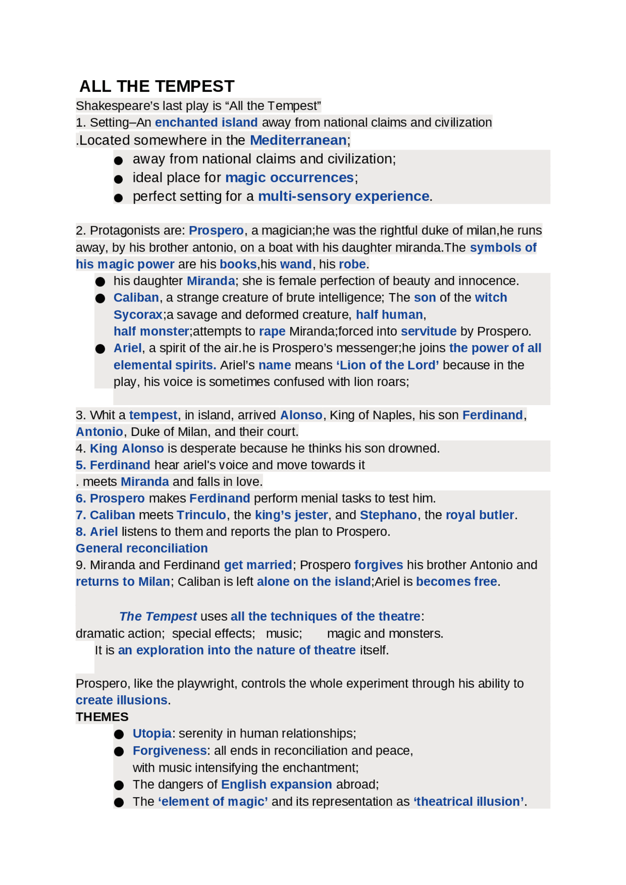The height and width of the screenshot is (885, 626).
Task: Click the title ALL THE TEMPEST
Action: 156,86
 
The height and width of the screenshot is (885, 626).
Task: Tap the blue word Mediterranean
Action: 298,140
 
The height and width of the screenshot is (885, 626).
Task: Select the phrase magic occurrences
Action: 289,177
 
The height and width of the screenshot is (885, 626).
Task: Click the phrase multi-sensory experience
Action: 343,196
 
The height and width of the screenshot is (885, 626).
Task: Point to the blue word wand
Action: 295,264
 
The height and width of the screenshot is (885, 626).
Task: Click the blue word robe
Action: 352,264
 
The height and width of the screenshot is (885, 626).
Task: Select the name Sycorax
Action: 137,314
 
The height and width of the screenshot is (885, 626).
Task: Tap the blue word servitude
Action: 428,331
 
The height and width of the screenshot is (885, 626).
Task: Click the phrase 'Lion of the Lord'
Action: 387,365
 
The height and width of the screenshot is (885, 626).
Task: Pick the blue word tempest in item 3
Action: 153,415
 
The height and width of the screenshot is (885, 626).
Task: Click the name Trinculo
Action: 201,515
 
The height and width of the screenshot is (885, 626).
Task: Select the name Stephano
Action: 388,515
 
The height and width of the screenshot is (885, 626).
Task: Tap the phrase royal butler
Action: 479,515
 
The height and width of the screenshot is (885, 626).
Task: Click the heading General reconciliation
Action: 141,548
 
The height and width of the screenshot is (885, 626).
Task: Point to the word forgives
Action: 378,565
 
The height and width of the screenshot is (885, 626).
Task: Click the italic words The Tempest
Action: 157,616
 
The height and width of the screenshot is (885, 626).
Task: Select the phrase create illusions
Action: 121,700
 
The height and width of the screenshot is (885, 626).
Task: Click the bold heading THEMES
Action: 102,717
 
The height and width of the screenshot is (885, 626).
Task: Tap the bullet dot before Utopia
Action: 119,734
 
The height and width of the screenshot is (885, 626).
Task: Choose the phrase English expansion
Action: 276,784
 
